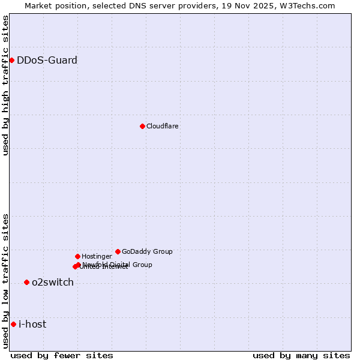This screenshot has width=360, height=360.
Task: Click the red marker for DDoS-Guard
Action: [11, 60]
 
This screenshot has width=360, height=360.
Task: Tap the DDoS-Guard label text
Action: [47, 60]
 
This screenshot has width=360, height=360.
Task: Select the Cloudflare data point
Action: [142, 126]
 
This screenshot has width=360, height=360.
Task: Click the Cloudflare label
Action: [162, 126]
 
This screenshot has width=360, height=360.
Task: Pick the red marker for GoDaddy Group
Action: [118, 251]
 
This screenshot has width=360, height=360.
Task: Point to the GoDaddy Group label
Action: [147, 251]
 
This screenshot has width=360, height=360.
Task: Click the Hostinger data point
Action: [77, 256]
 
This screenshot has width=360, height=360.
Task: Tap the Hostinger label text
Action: [97, 256]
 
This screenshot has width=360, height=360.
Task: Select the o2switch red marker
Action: [26, 282]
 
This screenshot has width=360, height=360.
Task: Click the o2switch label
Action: [53, 282]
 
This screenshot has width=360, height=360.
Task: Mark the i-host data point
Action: [13, 324]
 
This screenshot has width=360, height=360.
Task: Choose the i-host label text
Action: [32, 324]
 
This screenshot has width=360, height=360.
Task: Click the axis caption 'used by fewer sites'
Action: [62, 355]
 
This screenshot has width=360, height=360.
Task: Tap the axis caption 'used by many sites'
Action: [301, 355]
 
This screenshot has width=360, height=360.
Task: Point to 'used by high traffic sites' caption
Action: [5, 85]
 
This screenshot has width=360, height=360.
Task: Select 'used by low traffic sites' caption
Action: [5, 281]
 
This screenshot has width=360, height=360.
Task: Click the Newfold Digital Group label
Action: [118, 264]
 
